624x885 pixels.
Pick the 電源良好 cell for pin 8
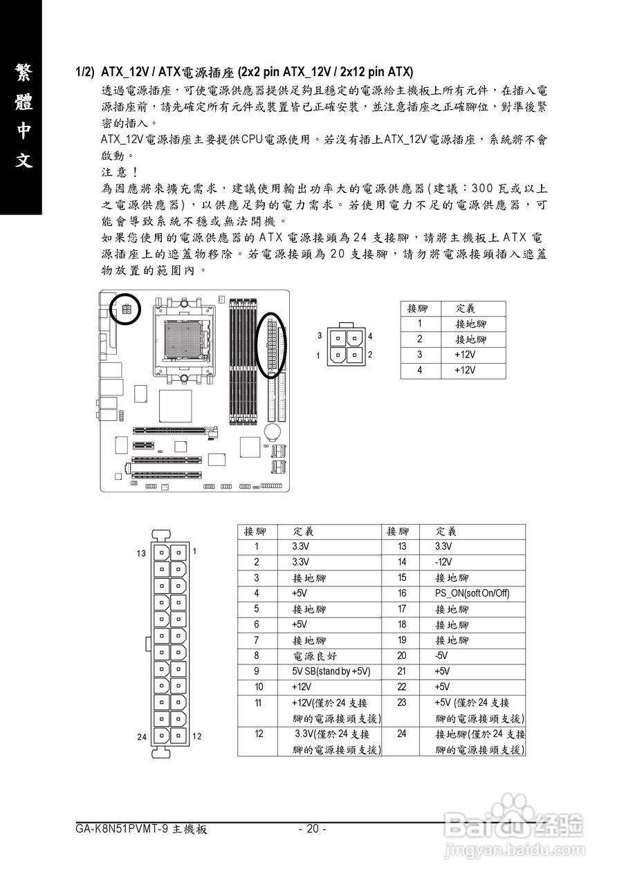(315, 655)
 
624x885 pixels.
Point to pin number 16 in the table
(401, 593)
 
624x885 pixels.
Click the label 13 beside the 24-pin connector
(141, 553)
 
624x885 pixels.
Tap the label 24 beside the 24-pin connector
(141, 737)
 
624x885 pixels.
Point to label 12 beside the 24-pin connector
(196, 737)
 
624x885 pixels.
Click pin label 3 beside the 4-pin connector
(320, 336)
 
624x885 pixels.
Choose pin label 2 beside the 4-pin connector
(371, 355)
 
